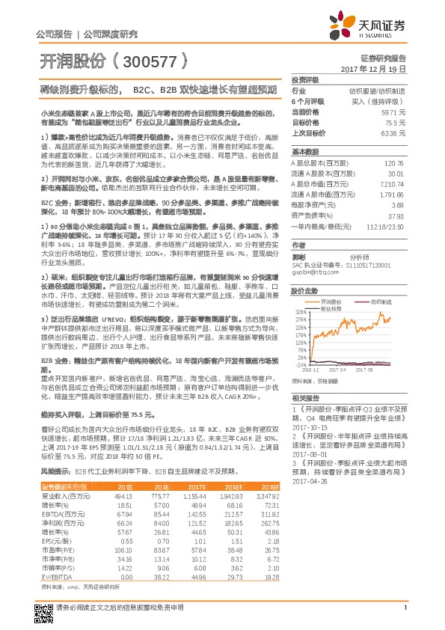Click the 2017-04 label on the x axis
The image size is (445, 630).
point(337,368)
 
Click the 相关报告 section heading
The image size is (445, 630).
point(305,397)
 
